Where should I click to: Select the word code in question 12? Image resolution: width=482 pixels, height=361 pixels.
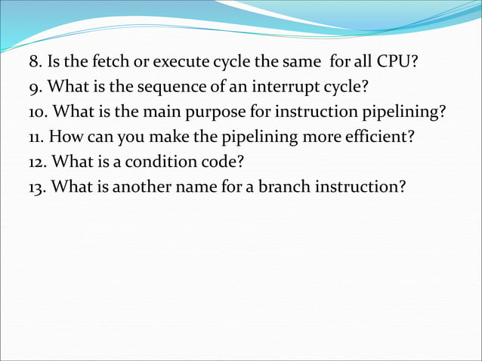[x=224, y=161]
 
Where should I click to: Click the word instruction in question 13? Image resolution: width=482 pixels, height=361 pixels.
[x=363, y=186]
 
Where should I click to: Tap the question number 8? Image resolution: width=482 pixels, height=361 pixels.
[x=33, y=62]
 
